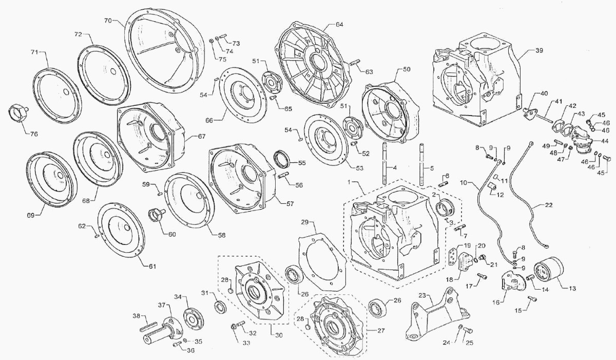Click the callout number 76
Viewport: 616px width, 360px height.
(34, 134)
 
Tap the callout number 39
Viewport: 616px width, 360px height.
(540, 51)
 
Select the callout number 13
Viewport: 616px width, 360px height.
(572, 288)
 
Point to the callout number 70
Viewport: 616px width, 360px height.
(108, 21)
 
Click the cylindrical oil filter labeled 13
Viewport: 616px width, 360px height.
(548, 270)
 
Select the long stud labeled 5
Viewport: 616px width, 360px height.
(422, 164)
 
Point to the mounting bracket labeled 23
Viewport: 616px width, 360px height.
(436, 314)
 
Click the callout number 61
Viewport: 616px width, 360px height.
(152, 266)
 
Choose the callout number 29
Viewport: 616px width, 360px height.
(305, 222)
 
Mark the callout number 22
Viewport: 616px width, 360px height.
(548, 205)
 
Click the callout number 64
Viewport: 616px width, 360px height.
(339, 25)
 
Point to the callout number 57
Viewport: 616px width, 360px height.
(290, 204)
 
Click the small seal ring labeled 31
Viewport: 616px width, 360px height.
(221, 307)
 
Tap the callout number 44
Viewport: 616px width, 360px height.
(605, 141)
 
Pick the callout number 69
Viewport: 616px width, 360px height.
(30, 215)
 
